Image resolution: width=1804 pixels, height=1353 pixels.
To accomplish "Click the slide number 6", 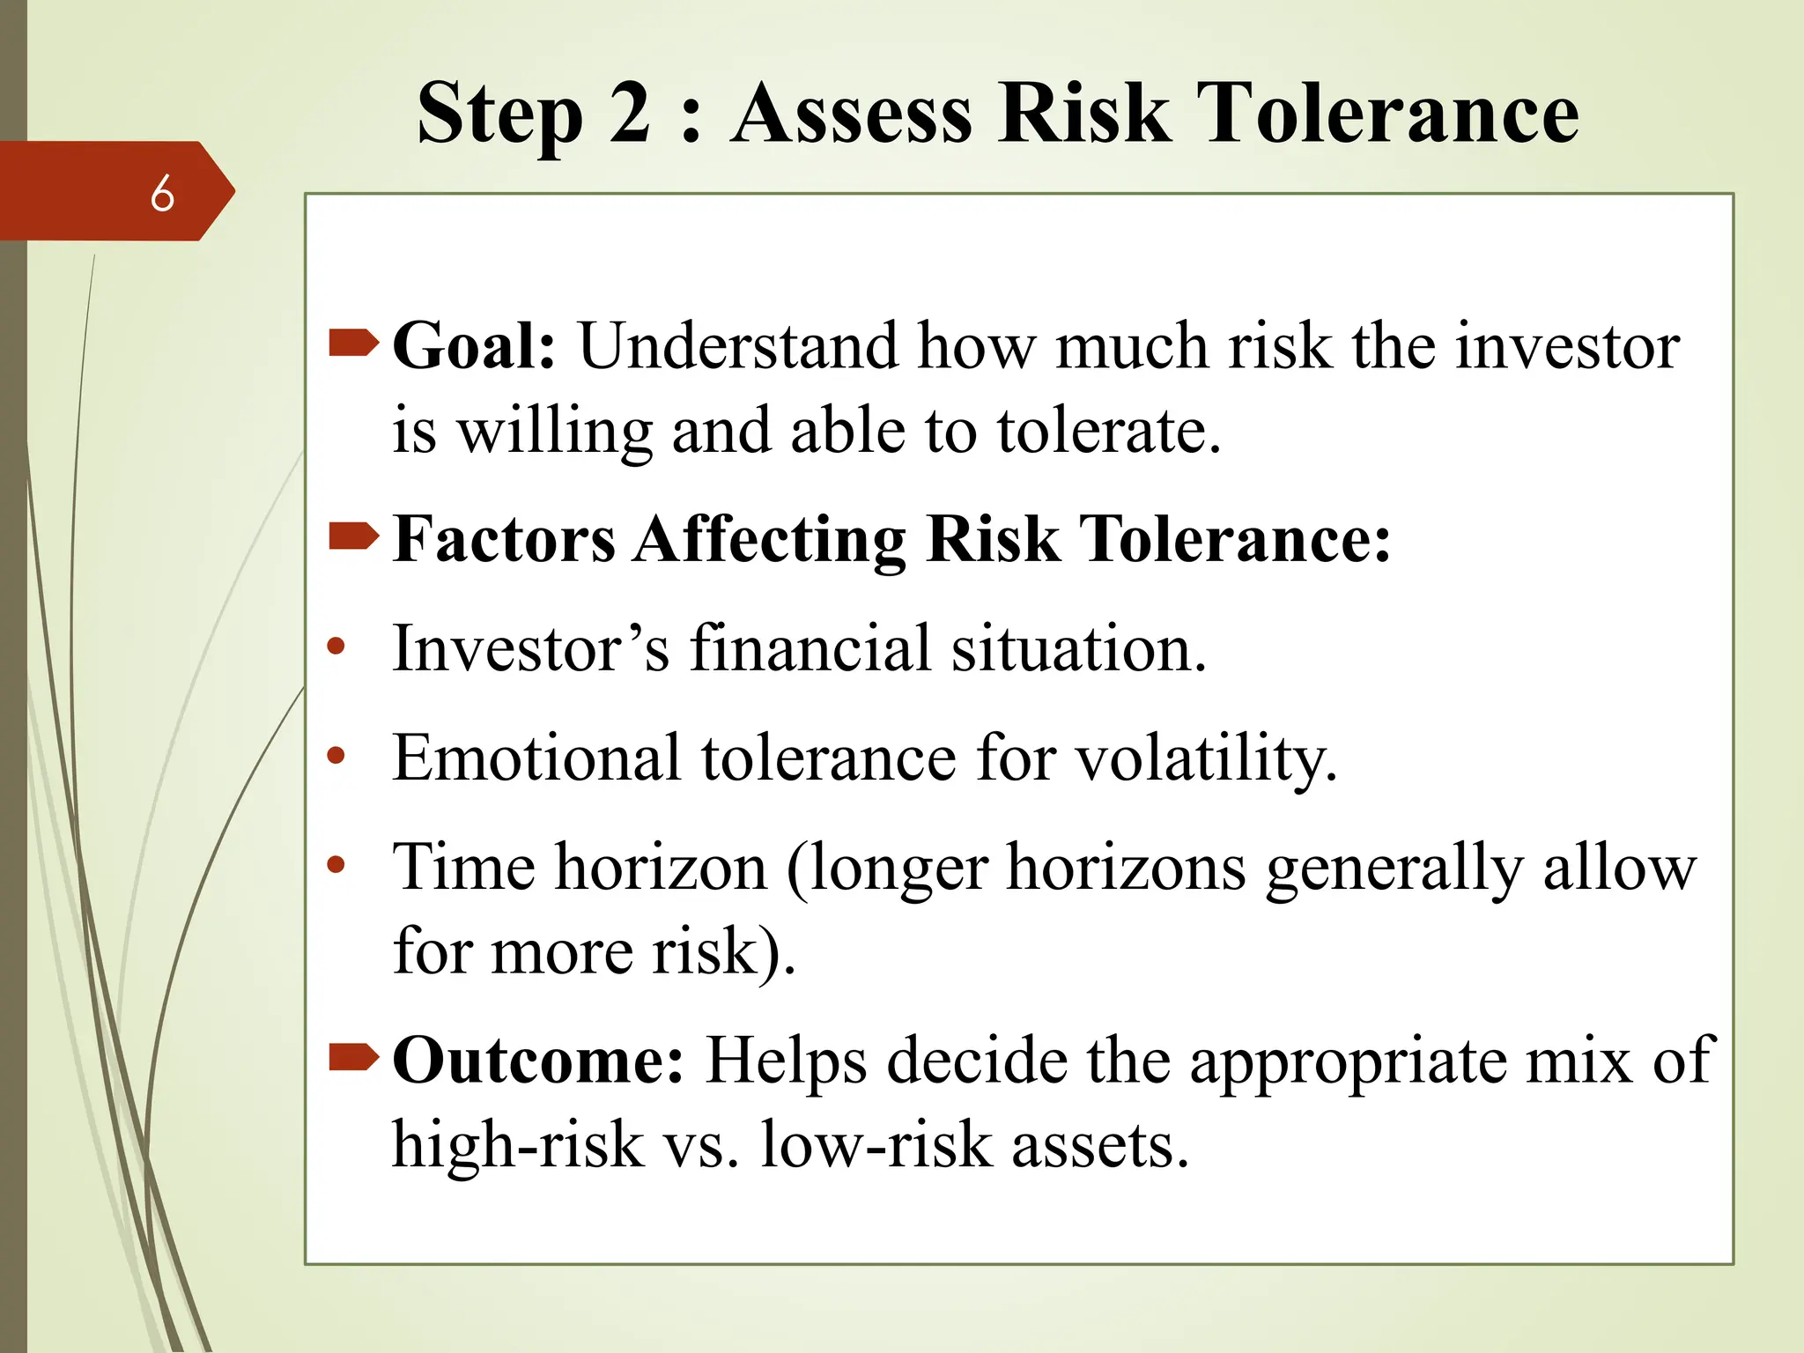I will (162, 193).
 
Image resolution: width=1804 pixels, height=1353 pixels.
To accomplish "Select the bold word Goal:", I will (474, 345).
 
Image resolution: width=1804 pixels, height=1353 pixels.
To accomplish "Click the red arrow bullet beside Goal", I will (353, 343).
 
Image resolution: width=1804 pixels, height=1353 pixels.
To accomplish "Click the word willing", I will (555, 432).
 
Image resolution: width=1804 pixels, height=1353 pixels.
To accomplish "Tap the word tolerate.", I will (1108, 432).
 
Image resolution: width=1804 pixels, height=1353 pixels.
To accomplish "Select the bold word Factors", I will (504, 538).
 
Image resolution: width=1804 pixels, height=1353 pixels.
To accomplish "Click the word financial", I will (810, 648).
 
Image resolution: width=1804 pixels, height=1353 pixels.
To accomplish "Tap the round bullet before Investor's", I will (336, 647).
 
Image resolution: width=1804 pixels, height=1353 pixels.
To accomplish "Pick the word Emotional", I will (536, 757).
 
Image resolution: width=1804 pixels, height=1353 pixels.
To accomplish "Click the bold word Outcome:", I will (537, 1060).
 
